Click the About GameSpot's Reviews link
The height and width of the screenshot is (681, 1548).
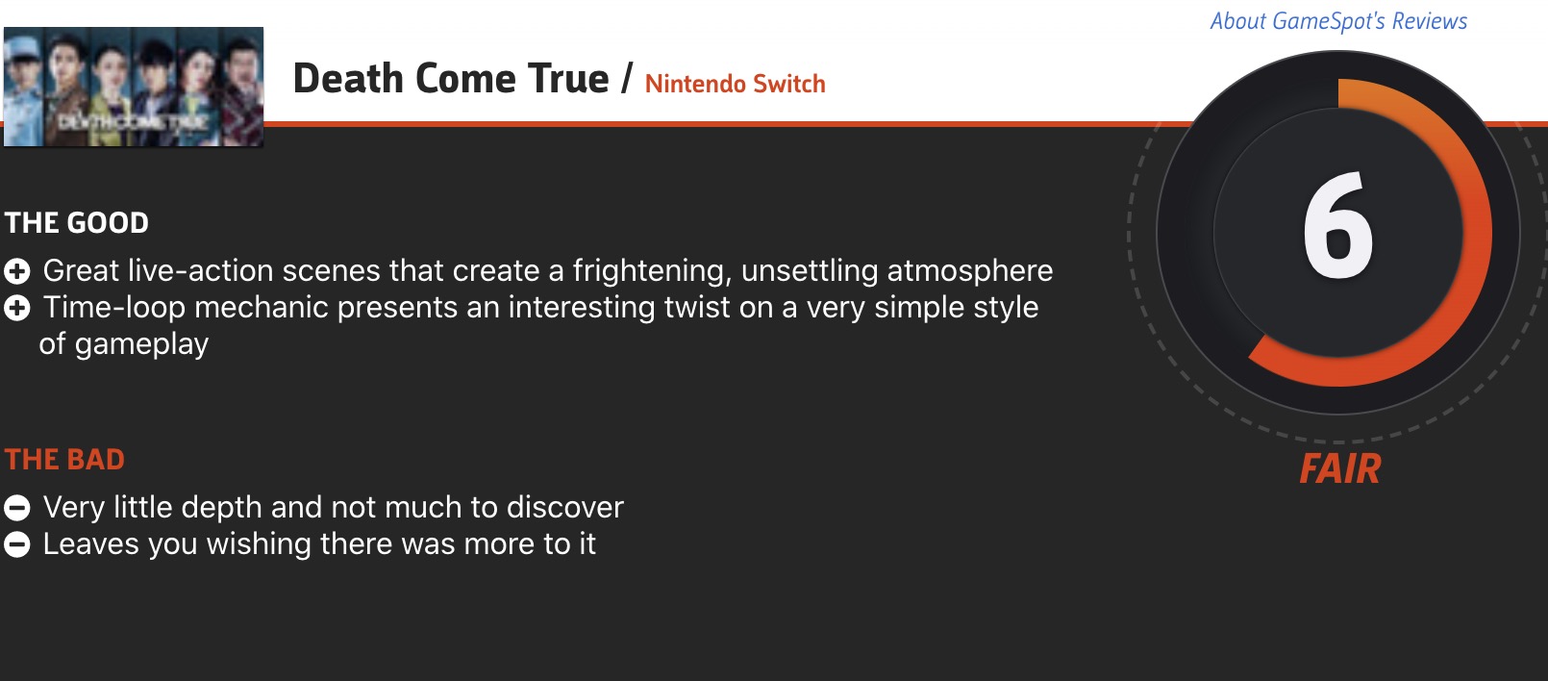coord(1338,21)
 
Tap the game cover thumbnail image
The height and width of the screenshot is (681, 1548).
coord(134,87)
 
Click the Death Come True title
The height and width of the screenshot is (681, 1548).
coord(451,78)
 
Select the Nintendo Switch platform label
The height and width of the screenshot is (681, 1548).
coord(735,84)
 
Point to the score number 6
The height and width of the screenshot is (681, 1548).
coord(1338,225)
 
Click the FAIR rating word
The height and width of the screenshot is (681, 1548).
coord(1340,468)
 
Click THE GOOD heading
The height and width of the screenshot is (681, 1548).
coord(76,222)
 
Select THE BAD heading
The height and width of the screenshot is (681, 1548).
coord(64,460)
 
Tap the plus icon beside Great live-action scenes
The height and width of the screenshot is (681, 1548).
coord(17,271)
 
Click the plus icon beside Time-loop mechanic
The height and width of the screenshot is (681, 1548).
coord(17,308)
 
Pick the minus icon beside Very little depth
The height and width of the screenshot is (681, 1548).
coord(17,508)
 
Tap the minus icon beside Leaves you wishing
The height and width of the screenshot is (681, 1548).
coord(17,544)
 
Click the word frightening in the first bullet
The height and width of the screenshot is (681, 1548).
coord(652,271)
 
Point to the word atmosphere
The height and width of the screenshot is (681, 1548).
coord(969,271)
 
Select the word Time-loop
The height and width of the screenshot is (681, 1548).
coord(114,308)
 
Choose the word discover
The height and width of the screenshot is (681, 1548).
coord(565,508)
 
